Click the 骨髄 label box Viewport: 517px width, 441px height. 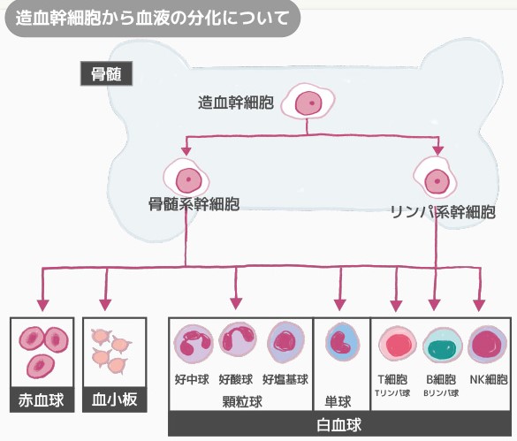[x=107, y=73]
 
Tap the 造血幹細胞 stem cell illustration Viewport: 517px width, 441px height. [x=308, y=101]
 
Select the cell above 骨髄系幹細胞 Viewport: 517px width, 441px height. [x=186, y=179]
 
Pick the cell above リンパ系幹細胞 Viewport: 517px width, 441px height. [x=435, y=179]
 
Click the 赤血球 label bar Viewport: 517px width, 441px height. [x=42, y=399]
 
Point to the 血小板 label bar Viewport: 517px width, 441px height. [x=114, y=399]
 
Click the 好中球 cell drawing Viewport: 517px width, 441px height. [x=194, y=344]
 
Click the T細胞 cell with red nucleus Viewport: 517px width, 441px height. [x=398, y=344]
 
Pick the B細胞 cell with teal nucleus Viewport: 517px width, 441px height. [x=443, y=346]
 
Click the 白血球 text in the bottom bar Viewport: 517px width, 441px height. [x=339, y=425]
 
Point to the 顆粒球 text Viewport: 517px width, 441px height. [x=242, y=401]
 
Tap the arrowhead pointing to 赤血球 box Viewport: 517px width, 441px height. [x=43, y=306]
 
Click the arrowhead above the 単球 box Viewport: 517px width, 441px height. [x=340, y=305]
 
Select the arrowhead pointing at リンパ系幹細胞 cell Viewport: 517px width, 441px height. [x=437, y=150]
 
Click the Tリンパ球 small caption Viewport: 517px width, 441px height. [x=392, y=393]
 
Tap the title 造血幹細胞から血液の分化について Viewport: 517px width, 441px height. [x=152, y=18]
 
